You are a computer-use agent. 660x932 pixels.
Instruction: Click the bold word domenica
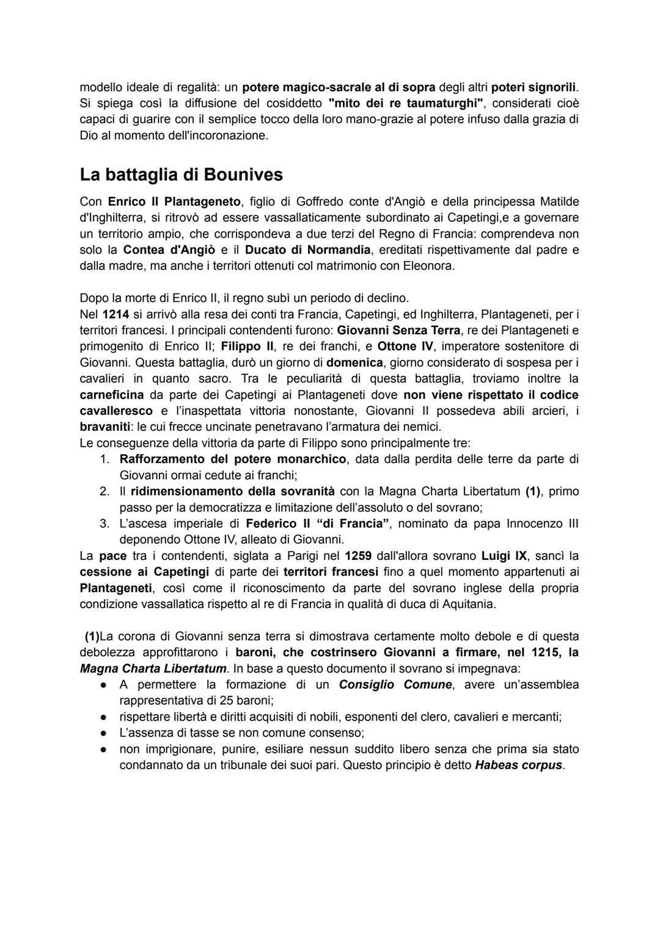[354, 363]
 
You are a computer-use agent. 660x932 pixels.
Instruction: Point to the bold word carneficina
[112, 395]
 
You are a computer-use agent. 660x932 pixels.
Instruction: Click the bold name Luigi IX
[504, 556]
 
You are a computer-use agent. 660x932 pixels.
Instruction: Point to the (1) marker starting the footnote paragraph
[92, 636]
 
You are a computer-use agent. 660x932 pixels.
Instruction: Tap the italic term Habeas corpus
[518, 765]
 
